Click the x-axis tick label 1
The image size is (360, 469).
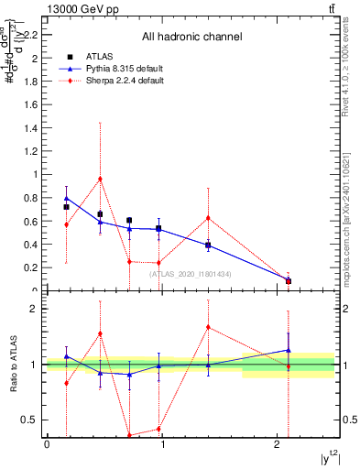click(162, 444)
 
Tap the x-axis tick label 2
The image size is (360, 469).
click(278, 444)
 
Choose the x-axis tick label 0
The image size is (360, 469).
click(47, 444)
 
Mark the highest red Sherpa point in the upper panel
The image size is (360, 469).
click(100, 179)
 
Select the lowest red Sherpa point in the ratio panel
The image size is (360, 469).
click(129, 435)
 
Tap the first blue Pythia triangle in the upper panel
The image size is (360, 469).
click(66, 198)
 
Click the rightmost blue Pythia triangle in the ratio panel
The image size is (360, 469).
click(289, 349)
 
